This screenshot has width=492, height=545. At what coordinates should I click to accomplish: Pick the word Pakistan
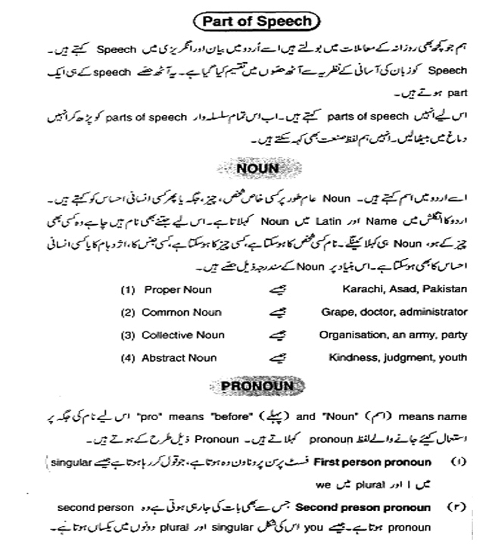coord(446,289)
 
